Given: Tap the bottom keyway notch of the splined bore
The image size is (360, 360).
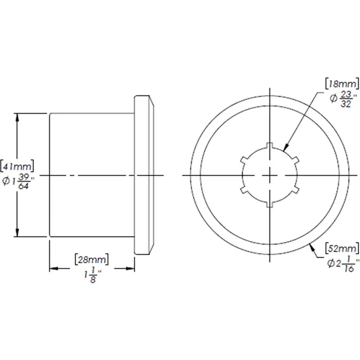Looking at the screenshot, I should tap(270, 206).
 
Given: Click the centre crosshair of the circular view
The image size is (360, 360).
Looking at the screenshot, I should tap(270, 175).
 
